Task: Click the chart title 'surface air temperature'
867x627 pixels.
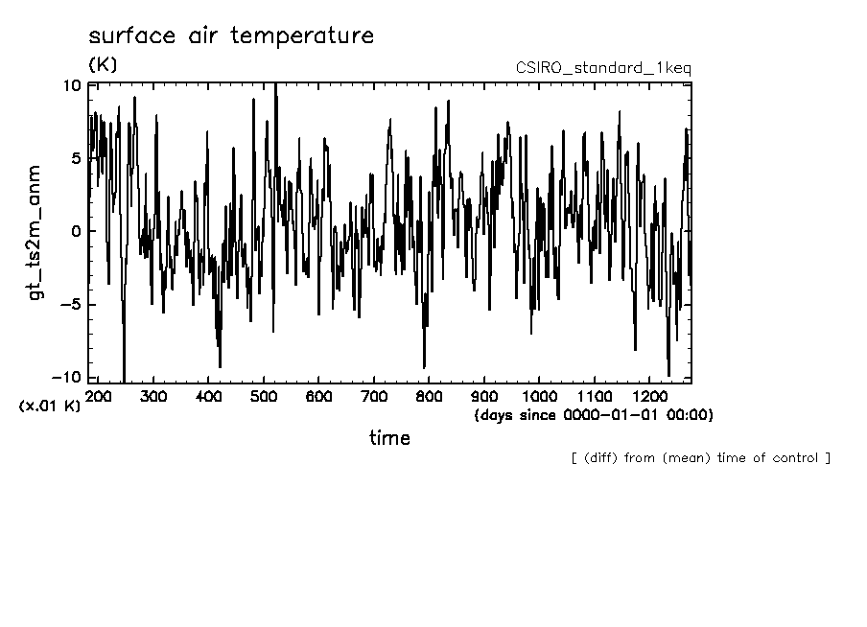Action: [x=231, y=37]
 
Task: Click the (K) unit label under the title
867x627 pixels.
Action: [x=103, y=65]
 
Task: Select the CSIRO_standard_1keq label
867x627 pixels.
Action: [x=603, y=68]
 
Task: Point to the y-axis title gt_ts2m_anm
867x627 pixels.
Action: [x=36, y=231]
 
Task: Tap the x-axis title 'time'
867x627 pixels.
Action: [x=389, y=438]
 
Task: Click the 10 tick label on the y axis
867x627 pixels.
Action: [x=72, y=84]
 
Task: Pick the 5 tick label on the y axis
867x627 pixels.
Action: [x=76, y=158]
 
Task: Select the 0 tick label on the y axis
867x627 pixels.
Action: [x=76, y=231]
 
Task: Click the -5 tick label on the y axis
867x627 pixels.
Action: [x=71, y=305]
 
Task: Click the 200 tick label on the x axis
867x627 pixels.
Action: [x=99, y=396]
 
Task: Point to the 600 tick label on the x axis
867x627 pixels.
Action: [x=319, y=396]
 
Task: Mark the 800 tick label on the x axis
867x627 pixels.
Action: [x=429, y=396]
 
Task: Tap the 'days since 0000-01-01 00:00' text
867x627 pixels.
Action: [x=593, y=415]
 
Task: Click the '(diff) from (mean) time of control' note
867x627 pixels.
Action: [x=700, y=457]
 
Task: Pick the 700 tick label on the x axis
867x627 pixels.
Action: [x=374, y=396]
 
